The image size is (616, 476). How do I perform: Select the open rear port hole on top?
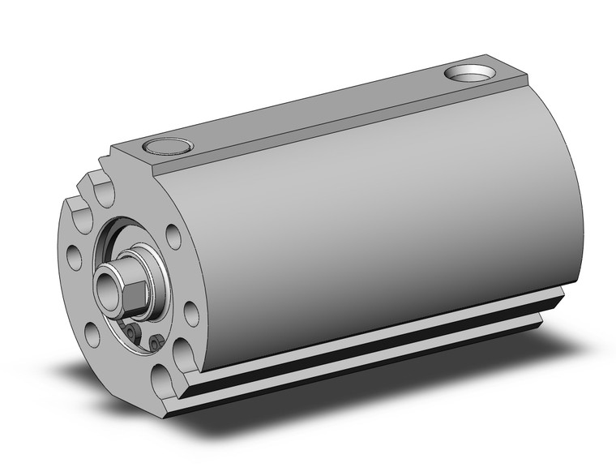(471, 74)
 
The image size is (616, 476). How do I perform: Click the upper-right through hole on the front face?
(172, 236)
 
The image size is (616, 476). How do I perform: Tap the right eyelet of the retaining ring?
(154, 345)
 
